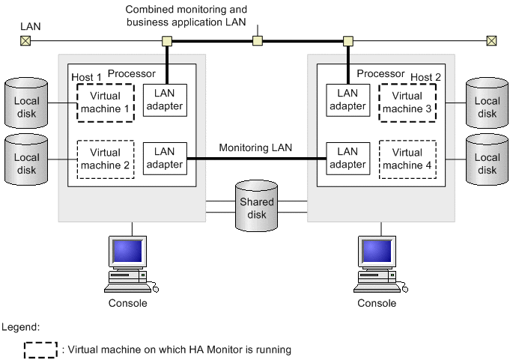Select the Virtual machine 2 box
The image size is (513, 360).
(104, 159)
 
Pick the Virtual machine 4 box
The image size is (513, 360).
(407, 159)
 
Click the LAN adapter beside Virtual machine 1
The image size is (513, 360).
(164, 100)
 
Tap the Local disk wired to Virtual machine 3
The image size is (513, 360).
(487, 106)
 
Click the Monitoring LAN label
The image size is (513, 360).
(255, 148)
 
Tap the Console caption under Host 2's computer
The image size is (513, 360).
(377, 303)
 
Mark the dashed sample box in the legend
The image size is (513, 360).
(40, 350)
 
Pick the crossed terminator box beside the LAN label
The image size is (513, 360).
(25, 40)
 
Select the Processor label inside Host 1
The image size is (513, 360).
(131, 73)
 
